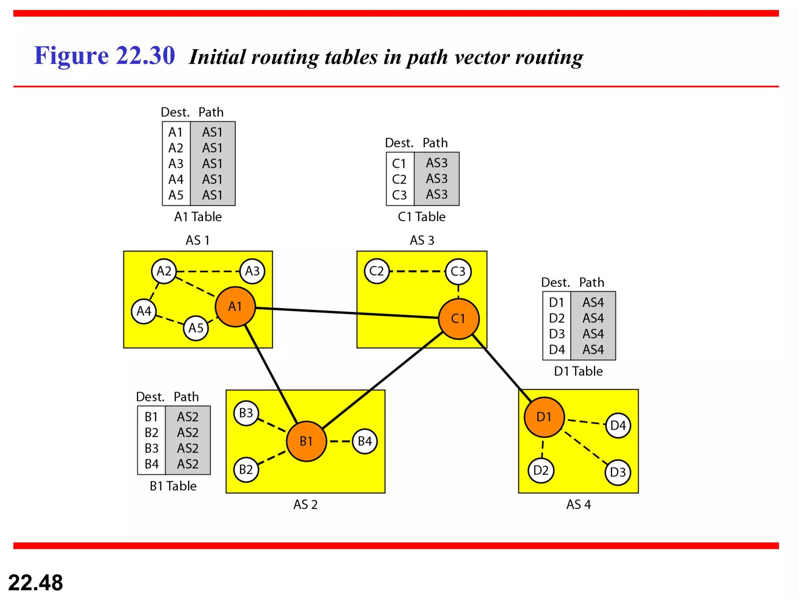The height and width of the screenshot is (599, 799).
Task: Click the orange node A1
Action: [235, 307]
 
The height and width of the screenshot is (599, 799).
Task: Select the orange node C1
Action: [458, 319]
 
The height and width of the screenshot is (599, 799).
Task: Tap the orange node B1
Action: [306, 441]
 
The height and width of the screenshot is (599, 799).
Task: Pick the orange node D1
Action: [544, 417]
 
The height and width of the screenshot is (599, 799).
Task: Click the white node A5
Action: [196, 328]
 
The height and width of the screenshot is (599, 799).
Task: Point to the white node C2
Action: [376, 271]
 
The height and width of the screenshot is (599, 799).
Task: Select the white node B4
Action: [365, 441]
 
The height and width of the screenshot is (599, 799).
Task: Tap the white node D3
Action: [618, 472]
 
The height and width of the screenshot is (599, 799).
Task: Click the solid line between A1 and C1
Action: [347, 313]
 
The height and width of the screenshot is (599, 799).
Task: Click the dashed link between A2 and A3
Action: [208, 271]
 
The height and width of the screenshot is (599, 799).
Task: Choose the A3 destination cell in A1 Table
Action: [176, 164]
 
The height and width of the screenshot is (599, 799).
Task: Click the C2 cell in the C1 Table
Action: [399, 179]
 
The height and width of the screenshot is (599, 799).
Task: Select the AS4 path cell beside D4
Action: [593, 350]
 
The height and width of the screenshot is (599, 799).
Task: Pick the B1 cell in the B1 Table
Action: [151, 417]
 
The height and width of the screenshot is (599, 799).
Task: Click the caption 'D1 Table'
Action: [578, 371]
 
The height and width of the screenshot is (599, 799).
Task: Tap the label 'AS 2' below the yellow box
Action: [305, 505]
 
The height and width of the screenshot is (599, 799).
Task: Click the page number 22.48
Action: [36, 583]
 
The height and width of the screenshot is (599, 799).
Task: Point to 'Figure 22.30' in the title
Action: [104, 55]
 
